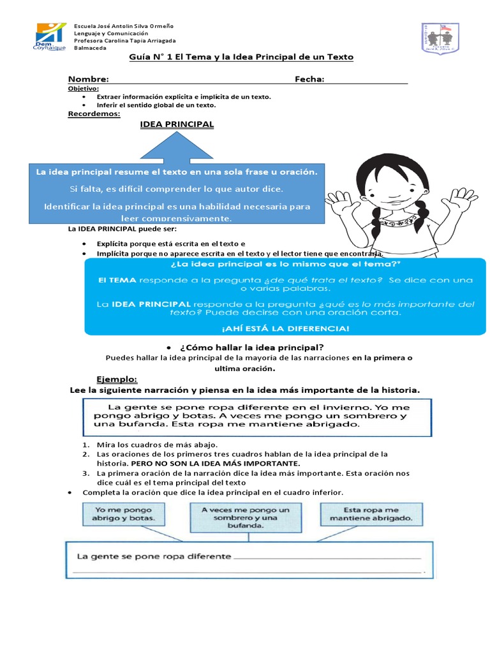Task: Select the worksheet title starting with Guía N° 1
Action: [x=241, y=57]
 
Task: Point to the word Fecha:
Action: [x=309, y=79]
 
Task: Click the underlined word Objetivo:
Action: [x=84, y=88]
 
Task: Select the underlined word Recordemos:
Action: [x=94, y=114]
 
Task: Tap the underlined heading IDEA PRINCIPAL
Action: [x=177, y=124]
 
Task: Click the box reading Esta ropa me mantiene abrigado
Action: [x=371, y=514]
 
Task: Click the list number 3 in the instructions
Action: [x=85, y=473]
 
